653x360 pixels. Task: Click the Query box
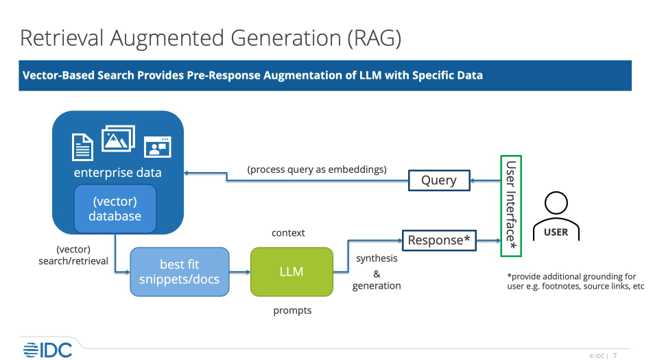click(x=439, y=180)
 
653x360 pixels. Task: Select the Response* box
click(x=439, y=240)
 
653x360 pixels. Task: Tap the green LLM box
click(x=291, y=272)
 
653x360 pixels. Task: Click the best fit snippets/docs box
click(x=179, y=272)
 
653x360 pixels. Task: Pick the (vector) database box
click(x=115, y=208)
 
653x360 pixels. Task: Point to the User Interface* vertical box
click(x=511, y=206)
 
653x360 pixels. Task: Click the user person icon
click(x=556, y=206)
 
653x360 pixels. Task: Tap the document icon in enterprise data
click(x=83, y=146)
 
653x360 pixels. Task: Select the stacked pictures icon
click(x=118, y=139)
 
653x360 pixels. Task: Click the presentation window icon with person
click(x=157, y=147)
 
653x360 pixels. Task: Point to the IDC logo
click(x=47, y=349)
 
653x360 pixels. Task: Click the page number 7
click(x=615, y=355)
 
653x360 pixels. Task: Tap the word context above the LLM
click(x=288, y=233)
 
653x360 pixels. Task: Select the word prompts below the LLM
click(x=292, y=311)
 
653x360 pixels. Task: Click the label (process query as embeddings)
click(x=317, y=169)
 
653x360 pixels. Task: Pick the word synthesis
click(x=377, y=259)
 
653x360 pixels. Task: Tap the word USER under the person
click(x=556, y=232)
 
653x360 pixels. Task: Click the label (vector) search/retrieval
click(x=73, y=255)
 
